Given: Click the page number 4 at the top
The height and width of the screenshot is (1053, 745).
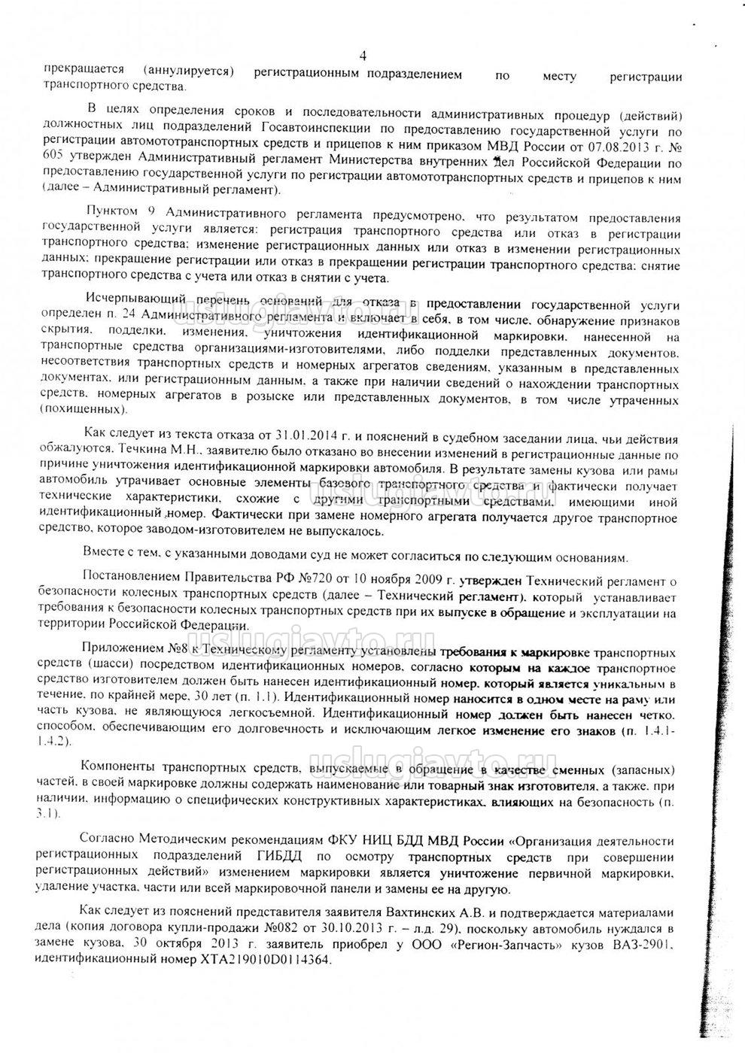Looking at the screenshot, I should click(363, 56).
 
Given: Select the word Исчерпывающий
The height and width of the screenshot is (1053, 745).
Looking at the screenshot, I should click(132, 305).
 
